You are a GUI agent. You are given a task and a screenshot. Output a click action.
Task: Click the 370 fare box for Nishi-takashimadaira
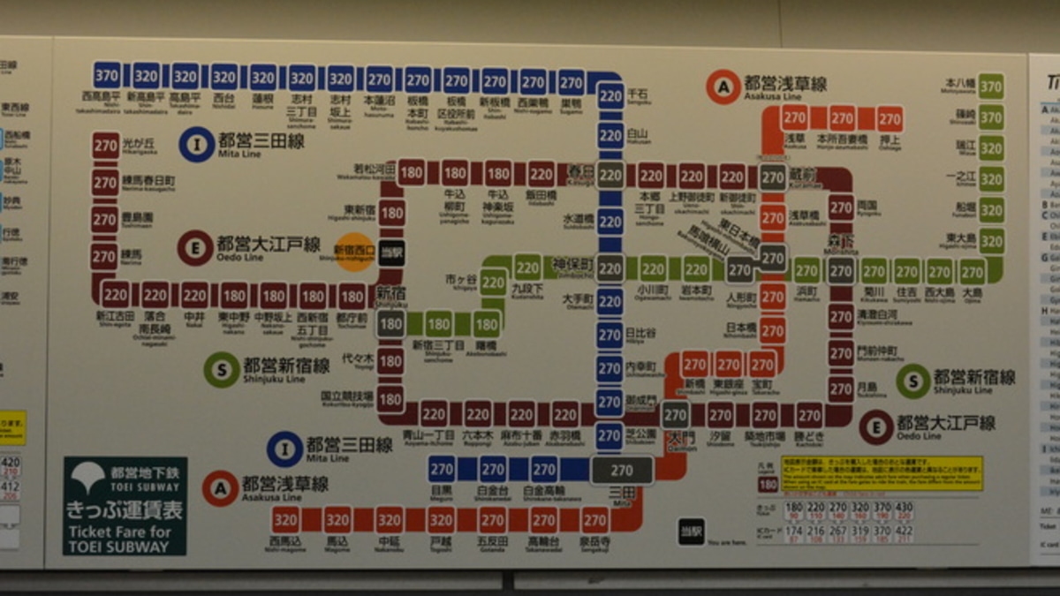click(x=108, y=75)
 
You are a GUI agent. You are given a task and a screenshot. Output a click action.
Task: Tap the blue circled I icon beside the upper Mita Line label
click(x=196, y=145)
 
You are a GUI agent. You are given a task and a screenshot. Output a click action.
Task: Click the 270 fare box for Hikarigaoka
click(x=105, y=146)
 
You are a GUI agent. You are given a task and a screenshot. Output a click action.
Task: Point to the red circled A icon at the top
click(x=723, y=87)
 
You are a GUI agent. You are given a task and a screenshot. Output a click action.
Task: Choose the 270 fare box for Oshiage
click(x=889, y=117)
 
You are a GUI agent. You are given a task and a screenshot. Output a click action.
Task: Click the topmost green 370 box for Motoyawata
click(x=991, y=87)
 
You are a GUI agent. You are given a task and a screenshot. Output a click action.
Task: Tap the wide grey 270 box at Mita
click(x=622, y=470)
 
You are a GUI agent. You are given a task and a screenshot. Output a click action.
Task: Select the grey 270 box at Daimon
click(x=675, y=415)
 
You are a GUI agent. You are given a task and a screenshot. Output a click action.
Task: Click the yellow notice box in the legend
click(x=882, y=473)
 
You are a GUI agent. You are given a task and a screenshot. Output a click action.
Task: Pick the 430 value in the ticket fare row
click(x=903, y=508)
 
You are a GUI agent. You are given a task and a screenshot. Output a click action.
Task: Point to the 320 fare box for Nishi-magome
click(x=285, y=519)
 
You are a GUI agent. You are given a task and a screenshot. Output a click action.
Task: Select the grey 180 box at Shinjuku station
click(x=390, y=324)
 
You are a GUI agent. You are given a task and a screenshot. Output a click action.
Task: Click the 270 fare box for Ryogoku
click(x=841, y=208)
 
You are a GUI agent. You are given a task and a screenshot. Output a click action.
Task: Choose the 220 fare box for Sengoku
click(x=609, y=94)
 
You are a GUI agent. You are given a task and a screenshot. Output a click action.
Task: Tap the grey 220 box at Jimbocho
click(x=609, y=268)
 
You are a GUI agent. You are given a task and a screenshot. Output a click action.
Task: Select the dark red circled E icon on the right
click(x=876, y=427)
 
